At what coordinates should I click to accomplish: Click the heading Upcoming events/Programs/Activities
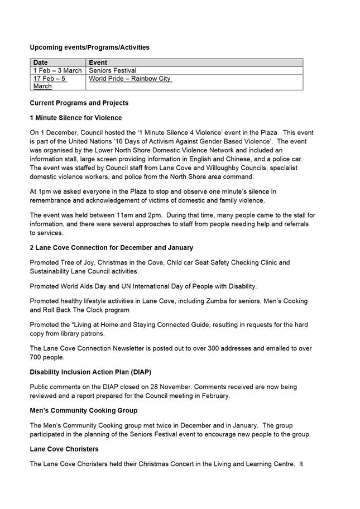(89, 47)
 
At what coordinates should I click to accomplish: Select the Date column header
(41, 63)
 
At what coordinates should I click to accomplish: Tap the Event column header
(98, 63)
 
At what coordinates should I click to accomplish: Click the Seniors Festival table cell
(113, 71)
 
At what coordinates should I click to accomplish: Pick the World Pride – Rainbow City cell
(130, 79)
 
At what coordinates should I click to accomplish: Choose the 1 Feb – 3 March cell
(57, 71)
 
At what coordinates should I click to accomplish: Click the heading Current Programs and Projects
(79, 103)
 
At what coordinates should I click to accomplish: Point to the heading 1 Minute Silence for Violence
(75, 118)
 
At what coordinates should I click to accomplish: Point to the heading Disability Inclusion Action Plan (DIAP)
(90, 372)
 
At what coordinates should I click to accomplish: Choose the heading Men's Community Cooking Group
(83, 410)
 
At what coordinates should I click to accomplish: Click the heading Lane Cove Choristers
(64, 449)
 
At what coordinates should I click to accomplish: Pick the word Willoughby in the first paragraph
(187, 168)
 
